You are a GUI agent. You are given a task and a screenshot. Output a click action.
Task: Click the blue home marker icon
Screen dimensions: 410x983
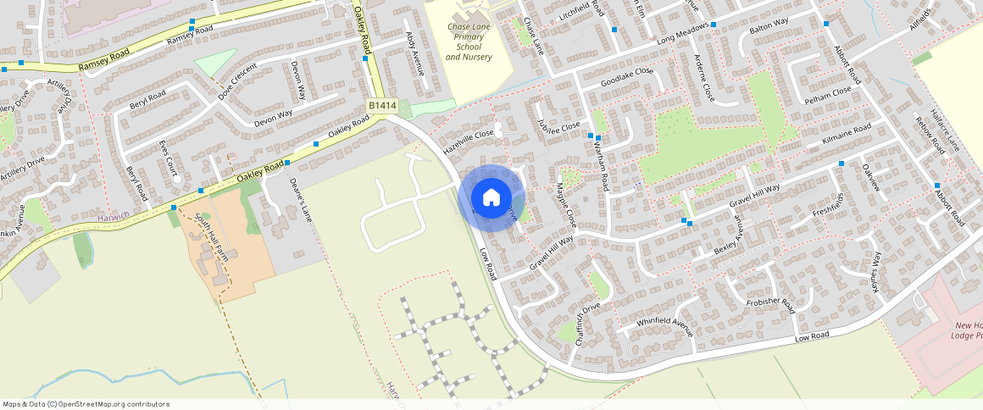491,197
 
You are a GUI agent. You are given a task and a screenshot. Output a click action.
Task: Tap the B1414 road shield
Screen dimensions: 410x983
382,105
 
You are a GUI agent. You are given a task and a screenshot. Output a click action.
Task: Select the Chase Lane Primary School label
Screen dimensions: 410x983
469,42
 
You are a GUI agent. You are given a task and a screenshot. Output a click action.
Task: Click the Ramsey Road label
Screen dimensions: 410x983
103,59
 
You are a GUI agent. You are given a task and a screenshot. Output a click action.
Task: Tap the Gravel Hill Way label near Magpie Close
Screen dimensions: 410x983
552,253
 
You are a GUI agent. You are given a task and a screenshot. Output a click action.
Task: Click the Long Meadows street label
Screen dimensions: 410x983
682,36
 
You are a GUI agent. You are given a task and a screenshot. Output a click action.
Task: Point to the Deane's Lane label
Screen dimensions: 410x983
301,200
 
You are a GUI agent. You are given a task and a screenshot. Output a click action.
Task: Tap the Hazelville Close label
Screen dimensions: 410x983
468,141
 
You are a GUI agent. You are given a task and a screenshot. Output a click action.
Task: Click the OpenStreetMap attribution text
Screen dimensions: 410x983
86,404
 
